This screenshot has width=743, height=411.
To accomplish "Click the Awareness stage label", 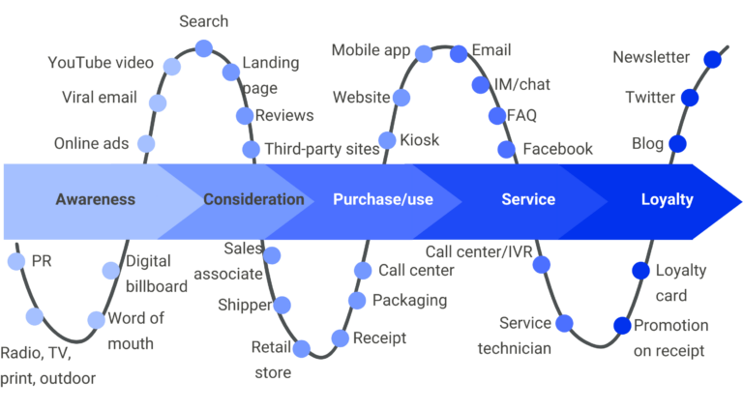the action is [96, 199].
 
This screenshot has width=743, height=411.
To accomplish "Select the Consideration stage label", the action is [254, 199].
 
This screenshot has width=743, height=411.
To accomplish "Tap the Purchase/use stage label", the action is [383, 199].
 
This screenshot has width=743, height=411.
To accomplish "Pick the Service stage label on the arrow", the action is [528, 199].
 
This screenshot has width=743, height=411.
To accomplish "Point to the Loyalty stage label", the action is [668, 199].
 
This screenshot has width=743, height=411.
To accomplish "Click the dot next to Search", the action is [204, 47].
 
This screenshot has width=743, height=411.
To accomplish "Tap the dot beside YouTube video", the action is [172, 67].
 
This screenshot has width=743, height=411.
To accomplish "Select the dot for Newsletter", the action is [712, 60].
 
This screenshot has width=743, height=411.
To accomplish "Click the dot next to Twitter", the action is [690, 98].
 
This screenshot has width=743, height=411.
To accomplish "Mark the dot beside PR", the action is [16, 261].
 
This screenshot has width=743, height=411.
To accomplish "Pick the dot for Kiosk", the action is [387, 140].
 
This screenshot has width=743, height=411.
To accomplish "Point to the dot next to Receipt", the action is [341, 338].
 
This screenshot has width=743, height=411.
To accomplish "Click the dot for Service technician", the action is [564, 324].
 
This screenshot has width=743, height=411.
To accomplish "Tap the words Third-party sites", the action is [322, 149].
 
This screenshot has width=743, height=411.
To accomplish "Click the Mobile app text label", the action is [371, 50].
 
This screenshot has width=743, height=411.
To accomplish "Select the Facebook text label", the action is [557, 149].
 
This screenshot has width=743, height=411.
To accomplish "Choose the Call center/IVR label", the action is [479, 251].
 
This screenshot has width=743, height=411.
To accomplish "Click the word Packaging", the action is [410, 300].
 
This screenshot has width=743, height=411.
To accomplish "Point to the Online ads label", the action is [92, 143].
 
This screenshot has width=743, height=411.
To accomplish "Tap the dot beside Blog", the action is [677, 143].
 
